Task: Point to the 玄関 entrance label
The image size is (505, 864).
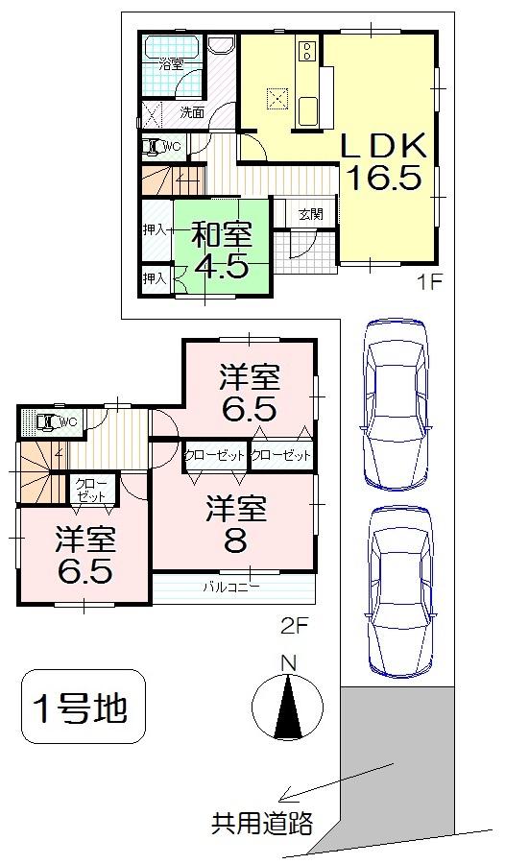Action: coord(310,214)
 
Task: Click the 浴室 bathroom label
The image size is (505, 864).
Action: coord(171,65)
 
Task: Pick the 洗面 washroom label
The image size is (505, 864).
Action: coord(192,111)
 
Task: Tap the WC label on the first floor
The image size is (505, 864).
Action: coord(171,146)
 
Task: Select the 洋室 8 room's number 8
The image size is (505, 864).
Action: coord(234,540)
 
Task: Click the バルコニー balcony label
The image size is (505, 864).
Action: coord(230,586)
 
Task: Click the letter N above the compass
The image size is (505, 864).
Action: coord(286,662)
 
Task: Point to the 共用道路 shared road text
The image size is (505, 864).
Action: coord(262,824)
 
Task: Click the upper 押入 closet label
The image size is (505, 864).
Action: coord(155,229)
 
